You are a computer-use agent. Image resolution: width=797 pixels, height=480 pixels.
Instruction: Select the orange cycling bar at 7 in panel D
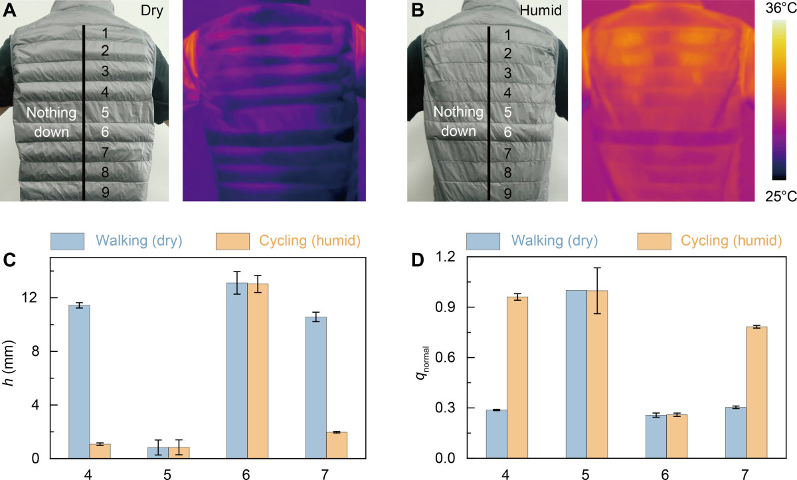[x=756, y=392]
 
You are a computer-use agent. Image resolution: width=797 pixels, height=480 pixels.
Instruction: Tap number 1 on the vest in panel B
[x=508, y=35]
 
